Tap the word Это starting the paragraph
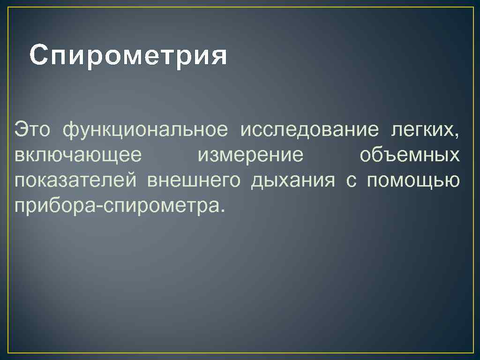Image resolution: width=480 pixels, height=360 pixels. (x=33, y=129)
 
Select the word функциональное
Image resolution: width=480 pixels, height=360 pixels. (x=146, y=129)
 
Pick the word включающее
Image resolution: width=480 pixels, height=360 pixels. (x=77, y=155)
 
